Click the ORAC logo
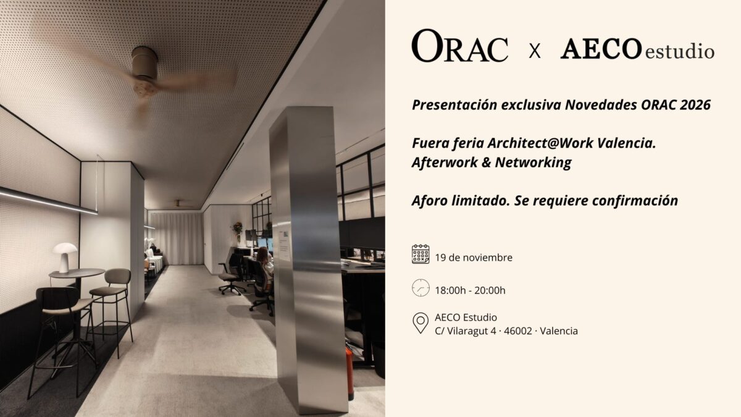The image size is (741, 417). click(460, 46)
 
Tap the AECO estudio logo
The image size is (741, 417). click(637, 49)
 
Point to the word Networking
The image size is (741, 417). click(534, 162)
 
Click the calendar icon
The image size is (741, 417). click(421, 254)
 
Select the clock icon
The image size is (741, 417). click(421, 288)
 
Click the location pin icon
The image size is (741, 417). click(421, 322)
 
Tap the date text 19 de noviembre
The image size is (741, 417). click(474, 258)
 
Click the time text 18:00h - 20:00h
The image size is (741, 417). click(470, 290)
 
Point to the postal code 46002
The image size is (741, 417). click(518, 331)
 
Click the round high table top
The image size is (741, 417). click(77, 273)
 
